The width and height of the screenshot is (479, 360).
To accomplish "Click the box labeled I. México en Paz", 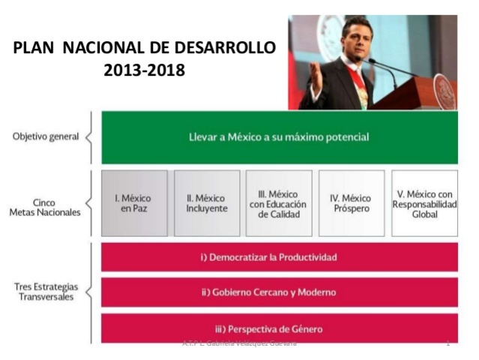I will tap(134, 202).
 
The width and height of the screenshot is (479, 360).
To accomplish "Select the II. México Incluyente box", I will tap(207, 202).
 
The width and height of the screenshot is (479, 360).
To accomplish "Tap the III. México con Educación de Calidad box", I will tap(279, 202).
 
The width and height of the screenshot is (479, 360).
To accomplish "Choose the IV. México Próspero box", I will tap(351, 202).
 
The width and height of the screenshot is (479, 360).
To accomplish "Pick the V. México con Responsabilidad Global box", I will tap(424, 202).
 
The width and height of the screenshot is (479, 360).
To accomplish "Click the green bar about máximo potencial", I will tap(279, 137).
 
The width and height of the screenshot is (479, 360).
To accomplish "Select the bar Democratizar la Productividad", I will tap(279, 257).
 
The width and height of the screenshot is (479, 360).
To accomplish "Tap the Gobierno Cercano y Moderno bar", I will tap(279, 292).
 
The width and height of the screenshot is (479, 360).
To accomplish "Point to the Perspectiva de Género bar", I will tap(279, 328).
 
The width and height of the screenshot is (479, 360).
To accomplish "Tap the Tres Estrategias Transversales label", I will tap(46, 291).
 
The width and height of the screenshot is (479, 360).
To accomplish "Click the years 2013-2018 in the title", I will tap(145, 71).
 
